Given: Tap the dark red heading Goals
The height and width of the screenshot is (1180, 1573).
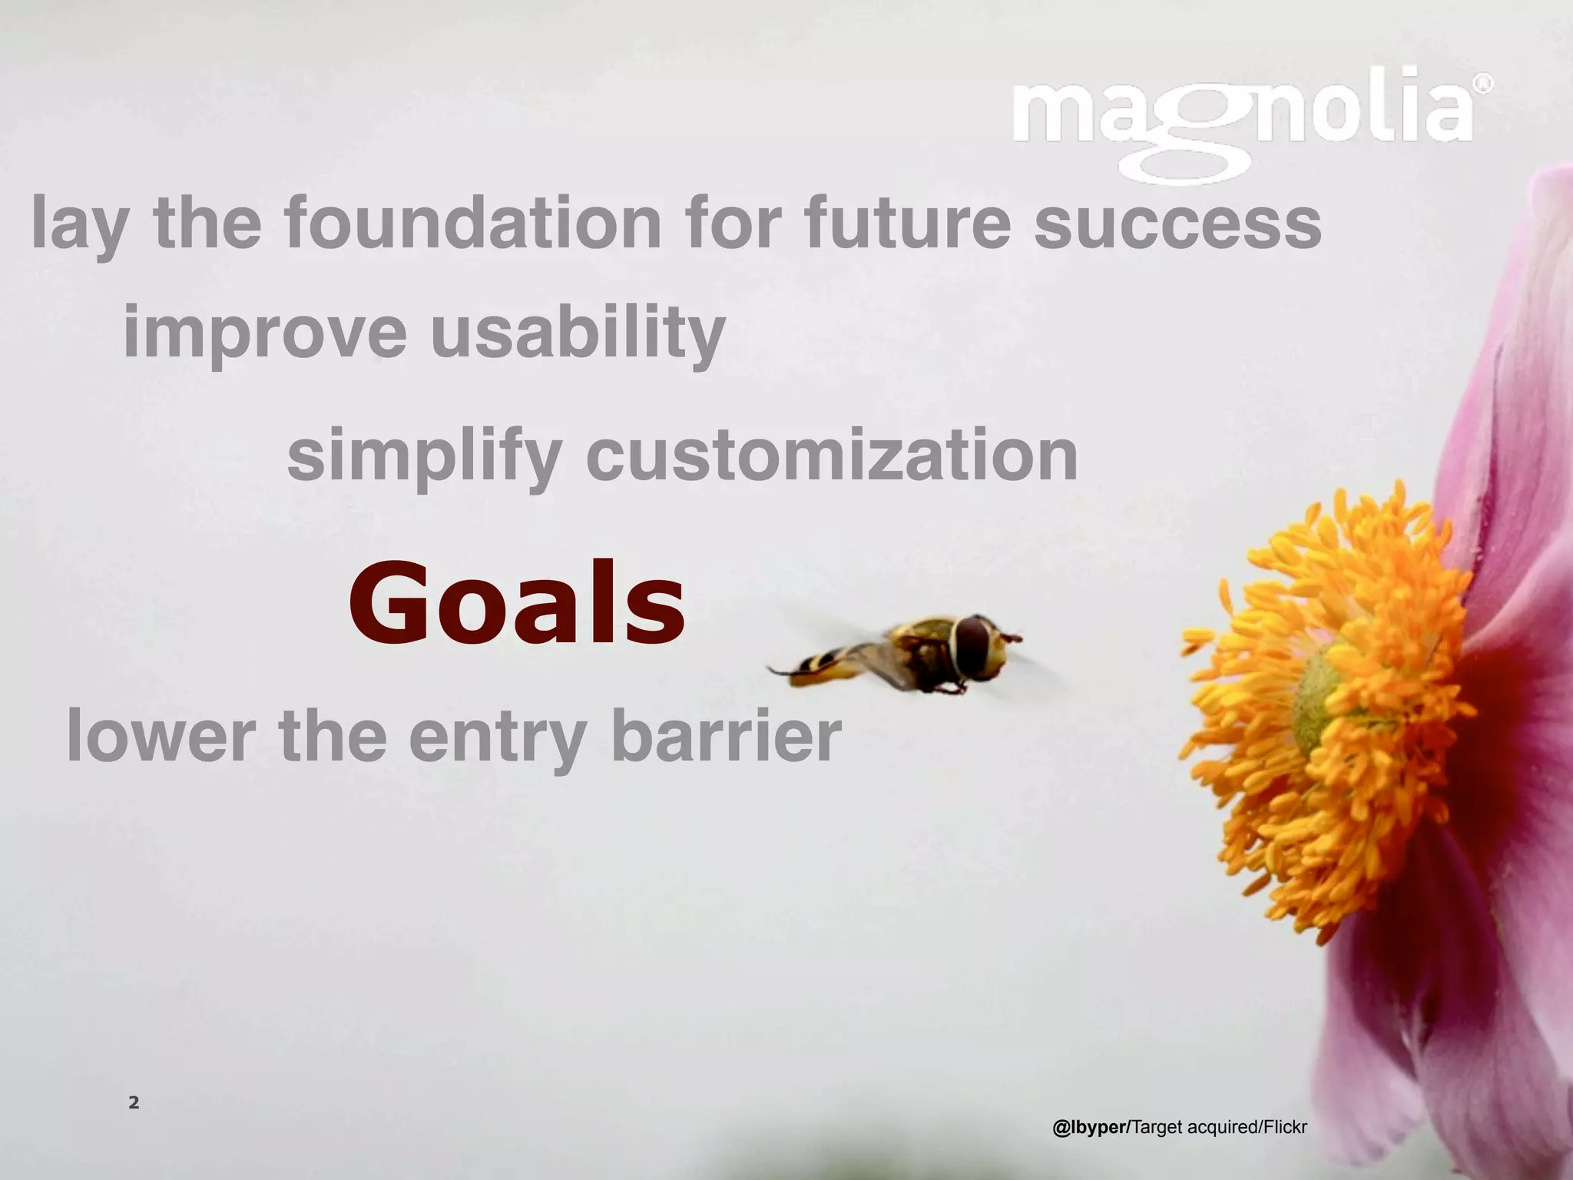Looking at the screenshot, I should pyautogui.click(x=516, y=604).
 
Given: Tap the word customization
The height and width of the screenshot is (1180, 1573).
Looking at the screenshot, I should pyautogui.click(x=832, y=456).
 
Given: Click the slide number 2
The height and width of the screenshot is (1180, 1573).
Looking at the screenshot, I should pyautogui.click(x=134, y=1102).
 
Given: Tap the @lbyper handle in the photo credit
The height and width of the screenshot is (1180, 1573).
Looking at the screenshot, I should pyautogui.click(x=1090, y=1127).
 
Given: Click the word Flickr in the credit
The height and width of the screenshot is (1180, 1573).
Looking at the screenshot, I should pyautogui.click(x=1283, y=1127).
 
